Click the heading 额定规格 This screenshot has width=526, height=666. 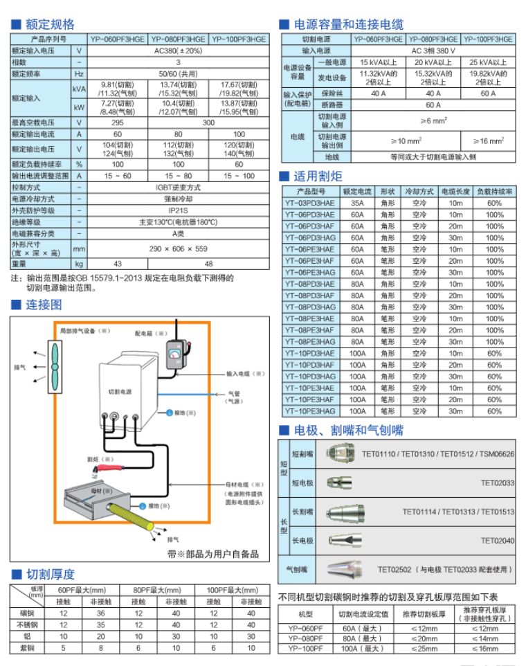49,24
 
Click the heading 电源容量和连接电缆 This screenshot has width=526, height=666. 349,24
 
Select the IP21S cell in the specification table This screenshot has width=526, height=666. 177,210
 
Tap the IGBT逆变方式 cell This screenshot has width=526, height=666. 177,187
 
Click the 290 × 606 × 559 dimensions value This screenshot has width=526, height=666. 177,249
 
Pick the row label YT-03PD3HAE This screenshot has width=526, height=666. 309,203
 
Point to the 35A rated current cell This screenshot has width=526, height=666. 357,203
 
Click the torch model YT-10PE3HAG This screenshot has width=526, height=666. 309,411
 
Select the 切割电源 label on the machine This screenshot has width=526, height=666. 120,391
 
